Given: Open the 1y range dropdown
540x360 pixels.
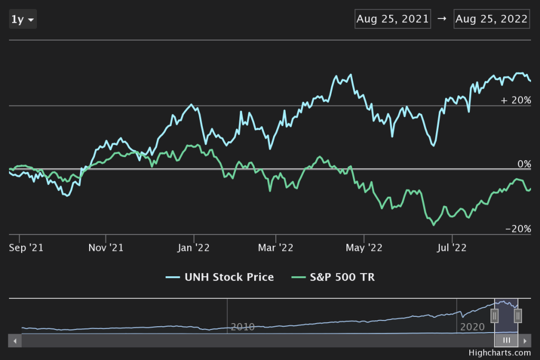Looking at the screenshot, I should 23,20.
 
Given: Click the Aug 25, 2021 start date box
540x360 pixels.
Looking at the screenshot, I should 393,20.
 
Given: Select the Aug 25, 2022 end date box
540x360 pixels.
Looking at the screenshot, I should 491,20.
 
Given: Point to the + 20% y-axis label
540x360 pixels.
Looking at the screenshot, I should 516,100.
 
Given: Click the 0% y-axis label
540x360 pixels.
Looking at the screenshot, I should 524,164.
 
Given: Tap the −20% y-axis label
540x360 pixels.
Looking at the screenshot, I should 518,229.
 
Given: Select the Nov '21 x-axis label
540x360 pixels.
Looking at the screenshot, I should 106,247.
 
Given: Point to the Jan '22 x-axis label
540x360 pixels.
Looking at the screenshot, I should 194,247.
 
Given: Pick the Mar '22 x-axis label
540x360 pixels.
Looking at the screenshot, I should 275,247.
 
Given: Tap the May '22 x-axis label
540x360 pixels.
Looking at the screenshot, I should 364,247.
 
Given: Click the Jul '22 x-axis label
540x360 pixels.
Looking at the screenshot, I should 451,247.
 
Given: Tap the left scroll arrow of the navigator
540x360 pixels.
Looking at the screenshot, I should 15,340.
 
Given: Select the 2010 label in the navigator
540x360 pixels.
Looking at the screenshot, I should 242,327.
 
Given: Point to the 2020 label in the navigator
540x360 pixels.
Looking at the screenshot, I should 472,327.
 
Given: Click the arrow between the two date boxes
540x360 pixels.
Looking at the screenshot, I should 442,20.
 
